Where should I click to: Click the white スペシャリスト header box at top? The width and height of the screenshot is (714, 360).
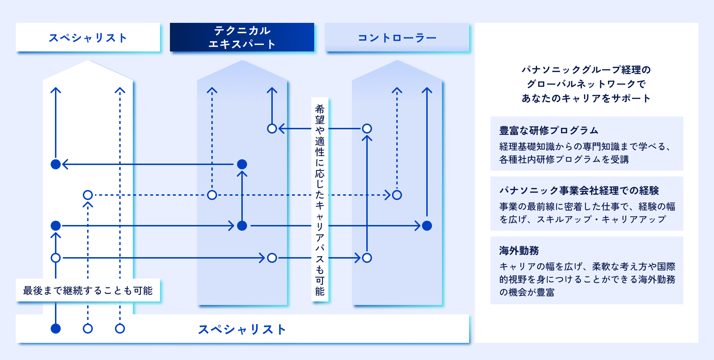[x=88, y=37]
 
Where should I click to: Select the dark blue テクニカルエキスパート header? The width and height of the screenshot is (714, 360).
[x=242, y=37]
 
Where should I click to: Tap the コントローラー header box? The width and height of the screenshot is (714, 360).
[x=397, y=37]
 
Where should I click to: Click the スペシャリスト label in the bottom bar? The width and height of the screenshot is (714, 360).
[x=242, y=329]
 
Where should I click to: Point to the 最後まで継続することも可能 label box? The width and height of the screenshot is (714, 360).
[x=88, y=290]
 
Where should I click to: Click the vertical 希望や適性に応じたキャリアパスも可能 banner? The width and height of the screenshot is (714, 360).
[x=320, y=199]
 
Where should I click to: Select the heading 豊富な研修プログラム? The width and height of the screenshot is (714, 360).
[x=549, y=130]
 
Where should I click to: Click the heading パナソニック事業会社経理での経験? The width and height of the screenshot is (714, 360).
[x=579, y=190]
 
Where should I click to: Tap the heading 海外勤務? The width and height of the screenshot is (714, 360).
[x=519, y=250]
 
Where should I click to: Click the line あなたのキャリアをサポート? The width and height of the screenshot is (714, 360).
[x=586, y=98]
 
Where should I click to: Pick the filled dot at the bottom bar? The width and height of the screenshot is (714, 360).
[x=56, y=329]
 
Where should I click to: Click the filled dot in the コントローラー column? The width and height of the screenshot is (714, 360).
[x=427, y=226]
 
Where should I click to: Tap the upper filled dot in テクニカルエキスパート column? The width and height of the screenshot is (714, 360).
[x=242, y=164]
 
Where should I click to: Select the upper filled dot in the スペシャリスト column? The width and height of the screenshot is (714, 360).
[x=56, y=164]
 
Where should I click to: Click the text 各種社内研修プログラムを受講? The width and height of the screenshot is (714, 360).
[x=564, y=159]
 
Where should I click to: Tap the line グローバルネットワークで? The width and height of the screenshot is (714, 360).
[x=586, y=84]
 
